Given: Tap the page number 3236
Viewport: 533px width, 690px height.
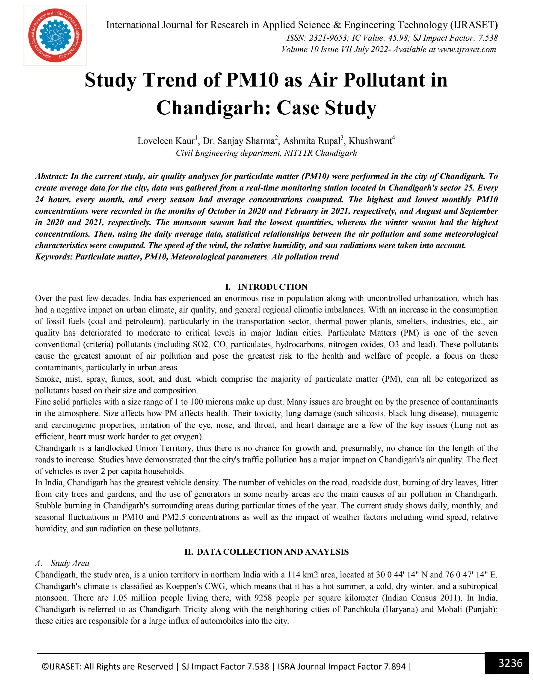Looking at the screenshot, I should (510, 663).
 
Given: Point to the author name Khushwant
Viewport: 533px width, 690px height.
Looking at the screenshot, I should (370, 141).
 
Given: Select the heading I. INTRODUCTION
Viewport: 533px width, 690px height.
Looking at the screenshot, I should (266, 287).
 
